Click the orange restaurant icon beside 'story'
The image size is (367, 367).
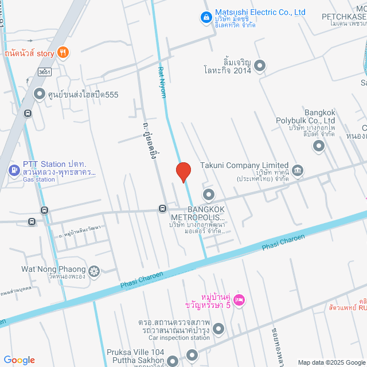coord(64,53)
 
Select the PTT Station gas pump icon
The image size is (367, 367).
coord(14,170)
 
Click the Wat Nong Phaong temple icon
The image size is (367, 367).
coord(94,270)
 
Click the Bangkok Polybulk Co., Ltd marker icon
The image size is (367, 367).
coord(318,146)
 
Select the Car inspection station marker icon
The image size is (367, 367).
coord(218,329)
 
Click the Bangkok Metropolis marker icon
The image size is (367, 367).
coord(208,195)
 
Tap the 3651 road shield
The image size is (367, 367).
coord(44,72)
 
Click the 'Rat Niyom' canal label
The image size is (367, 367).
coord(162,81)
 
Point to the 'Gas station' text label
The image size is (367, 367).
coord(39,179)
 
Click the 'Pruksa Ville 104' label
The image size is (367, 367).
coord(135,352)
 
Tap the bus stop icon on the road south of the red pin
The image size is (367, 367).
coord(163,209)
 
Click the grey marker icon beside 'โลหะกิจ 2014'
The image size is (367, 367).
coord(260,65)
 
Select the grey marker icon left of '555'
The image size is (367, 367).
coord(39,93)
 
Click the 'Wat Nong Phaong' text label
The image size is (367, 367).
coord(52,270)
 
